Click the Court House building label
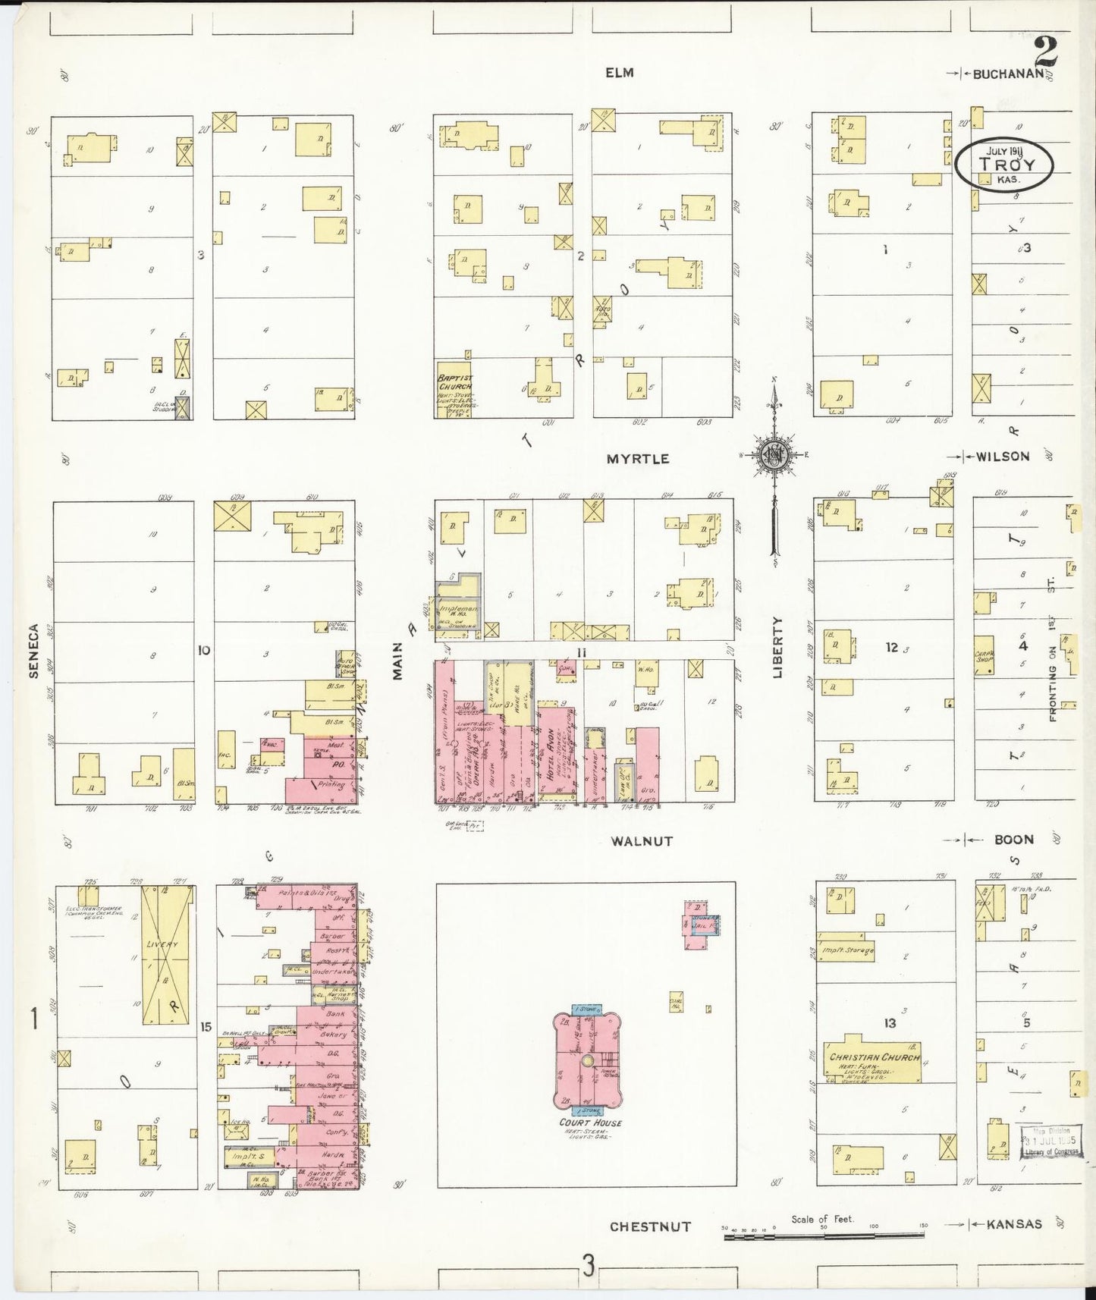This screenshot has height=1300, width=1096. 585,1123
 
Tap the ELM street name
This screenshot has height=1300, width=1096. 619,73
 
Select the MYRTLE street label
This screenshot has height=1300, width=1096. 637,459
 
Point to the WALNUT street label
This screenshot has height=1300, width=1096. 642,841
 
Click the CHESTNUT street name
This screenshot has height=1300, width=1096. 650,1226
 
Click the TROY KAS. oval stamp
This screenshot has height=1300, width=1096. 1004,165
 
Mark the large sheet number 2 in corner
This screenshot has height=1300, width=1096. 1047,52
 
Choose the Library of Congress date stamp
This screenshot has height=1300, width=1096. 1051,1141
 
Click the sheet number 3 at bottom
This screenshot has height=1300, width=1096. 588,1264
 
